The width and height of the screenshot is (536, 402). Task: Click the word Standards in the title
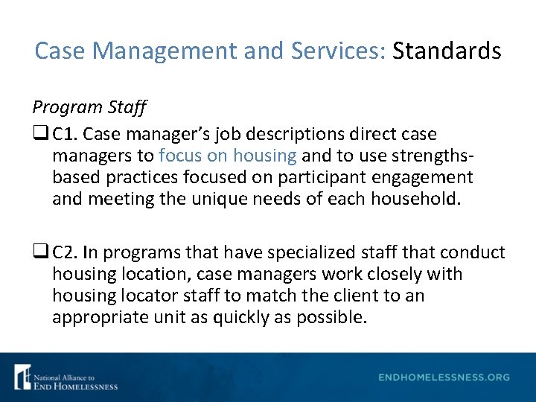coord(447,51)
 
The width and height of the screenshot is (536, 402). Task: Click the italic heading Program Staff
coord(89,106)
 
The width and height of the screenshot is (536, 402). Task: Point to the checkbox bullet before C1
coord(39,135)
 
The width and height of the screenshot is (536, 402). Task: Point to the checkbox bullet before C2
coord(39,253)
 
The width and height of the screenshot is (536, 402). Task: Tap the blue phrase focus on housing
coord(228,156)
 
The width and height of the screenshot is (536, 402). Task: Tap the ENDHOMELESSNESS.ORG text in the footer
coord(444,377)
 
